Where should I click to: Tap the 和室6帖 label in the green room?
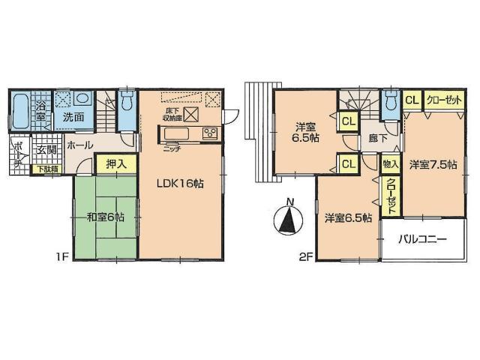(106, 217)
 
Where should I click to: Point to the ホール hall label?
(79, 144)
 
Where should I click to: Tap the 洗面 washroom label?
(73, 118)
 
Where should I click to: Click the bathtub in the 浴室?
(22, 112)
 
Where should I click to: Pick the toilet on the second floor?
(388, 102)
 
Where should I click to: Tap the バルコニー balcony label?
(422, 240)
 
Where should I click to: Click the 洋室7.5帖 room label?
(433, 164)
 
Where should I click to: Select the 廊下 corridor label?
(367, 139)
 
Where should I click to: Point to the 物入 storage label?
(389, 163)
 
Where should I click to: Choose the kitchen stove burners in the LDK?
(209, 133)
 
